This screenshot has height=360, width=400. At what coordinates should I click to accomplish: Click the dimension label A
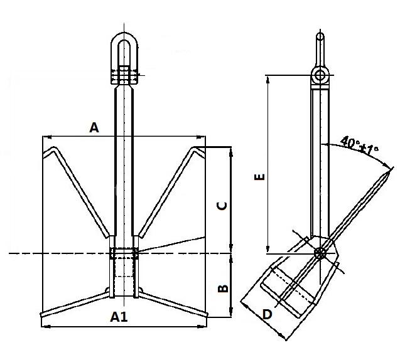coord(94,128)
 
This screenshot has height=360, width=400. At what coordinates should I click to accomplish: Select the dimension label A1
coord(119,317)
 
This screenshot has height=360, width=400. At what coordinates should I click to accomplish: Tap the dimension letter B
coord(222,289)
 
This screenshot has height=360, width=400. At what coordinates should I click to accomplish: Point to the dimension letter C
coord(222,205)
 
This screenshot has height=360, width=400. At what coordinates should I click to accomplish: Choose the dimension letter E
coord(258,177)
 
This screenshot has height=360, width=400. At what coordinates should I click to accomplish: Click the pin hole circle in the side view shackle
coord(320,76)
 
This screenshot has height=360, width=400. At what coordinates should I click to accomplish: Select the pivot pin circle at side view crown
coord(320,253)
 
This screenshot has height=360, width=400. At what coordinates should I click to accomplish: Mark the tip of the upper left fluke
coord(43,153)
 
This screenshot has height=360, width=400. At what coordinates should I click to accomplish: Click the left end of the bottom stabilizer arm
coord(41,315)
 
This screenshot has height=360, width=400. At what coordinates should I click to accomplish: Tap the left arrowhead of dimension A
coord(45,136)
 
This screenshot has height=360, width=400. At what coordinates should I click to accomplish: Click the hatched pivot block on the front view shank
coord(123,253)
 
